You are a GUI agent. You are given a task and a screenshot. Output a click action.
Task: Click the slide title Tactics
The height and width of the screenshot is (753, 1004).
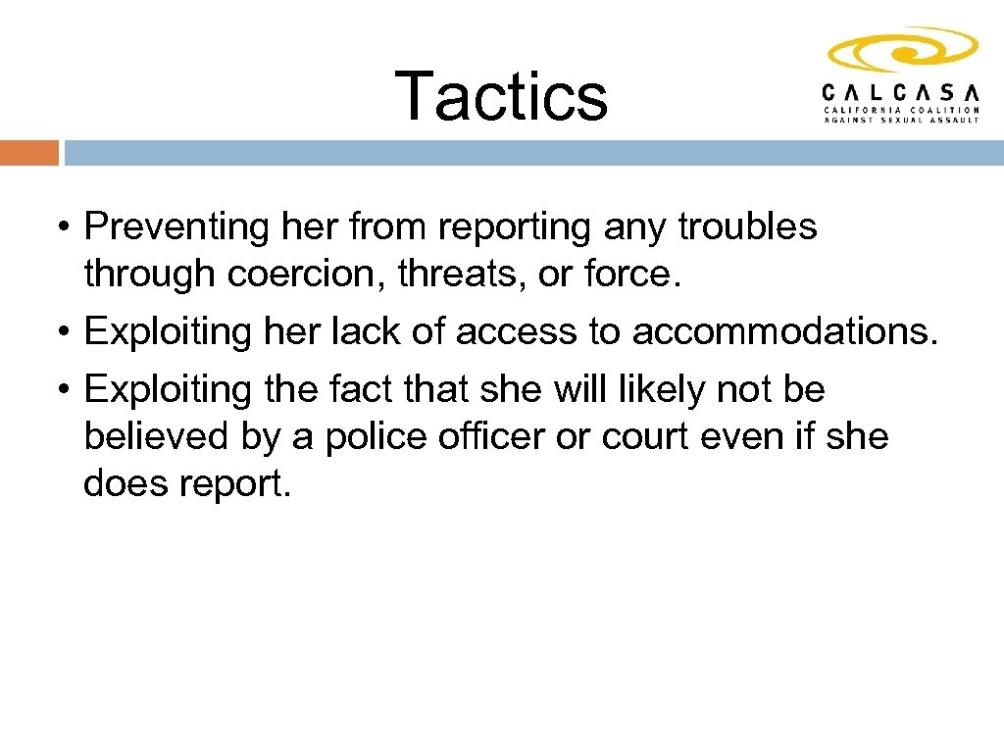501,95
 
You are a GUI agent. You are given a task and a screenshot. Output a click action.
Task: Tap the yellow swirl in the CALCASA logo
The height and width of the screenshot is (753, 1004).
902,50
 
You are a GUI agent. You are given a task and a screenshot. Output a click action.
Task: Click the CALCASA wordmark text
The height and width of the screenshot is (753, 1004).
900,91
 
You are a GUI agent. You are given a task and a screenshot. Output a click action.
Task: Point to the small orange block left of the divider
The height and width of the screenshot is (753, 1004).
29,153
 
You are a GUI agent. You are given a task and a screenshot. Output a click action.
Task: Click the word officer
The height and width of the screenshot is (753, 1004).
499,436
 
